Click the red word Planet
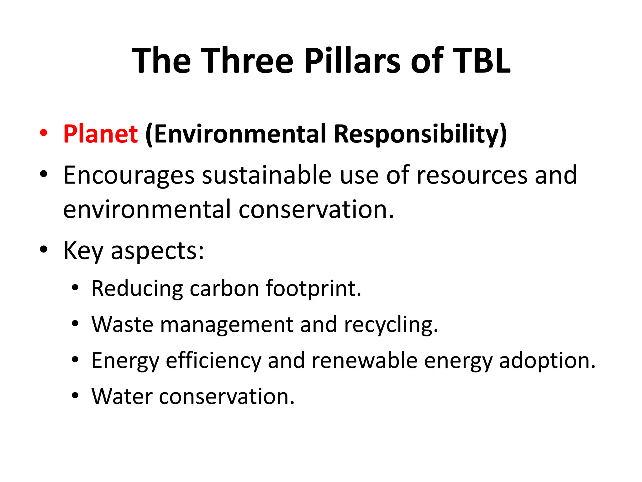click(x=100, y=134)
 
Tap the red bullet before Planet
click(x=44, y=133)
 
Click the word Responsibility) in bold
click(x=420, y=134)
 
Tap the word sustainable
click(x=266, y=175)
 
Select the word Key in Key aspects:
click(x=83, y=251)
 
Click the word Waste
click(x=122, y=324)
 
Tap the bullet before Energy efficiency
click(x=75, y=360)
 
